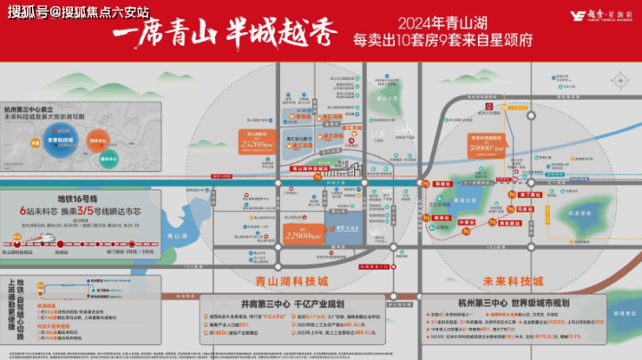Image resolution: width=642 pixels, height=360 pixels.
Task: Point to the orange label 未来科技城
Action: [512, 280]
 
